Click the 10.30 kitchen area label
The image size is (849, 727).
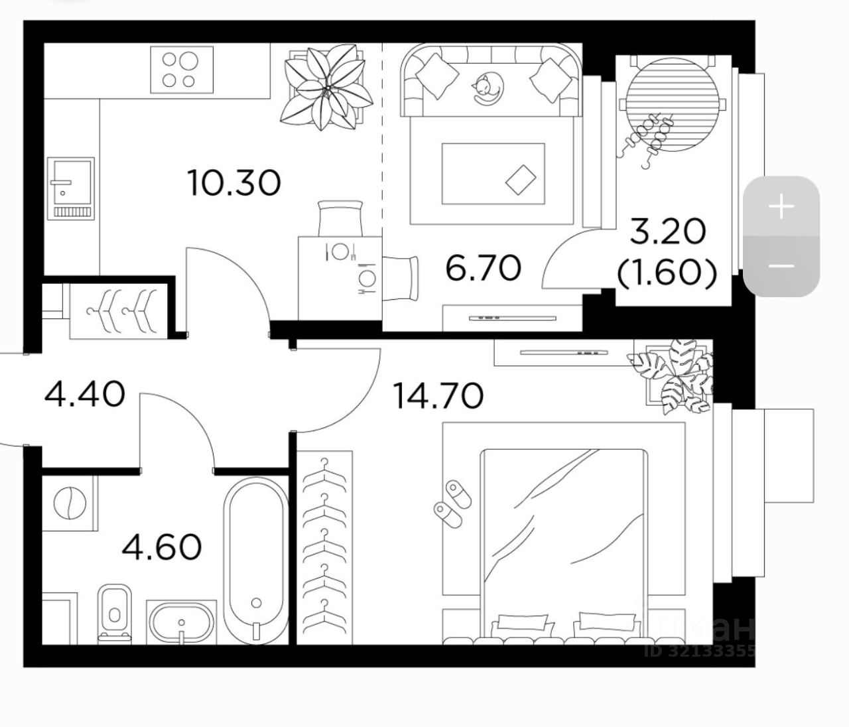coord(234,183)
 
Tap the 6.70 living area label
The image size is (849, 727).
coord(483,268)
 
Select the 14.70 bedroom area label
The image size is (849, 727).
coord(438,396)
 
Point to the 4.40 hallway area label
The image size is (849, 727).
coord(84,395)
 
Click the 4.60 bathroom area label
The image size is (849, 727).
coord(162,548)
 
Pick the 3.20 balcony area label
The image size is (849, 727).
coord(667,231)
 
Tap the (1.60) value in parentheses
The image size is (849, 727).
coord(667,273)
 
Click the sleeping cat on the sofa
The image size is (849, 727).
coord(487,90)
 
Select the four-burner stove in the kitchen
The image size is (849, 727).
coord(181,70)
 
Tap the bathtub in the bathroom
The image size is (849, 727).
coord(256,561)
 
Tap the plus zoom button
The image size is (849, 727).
coord(781,207)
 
